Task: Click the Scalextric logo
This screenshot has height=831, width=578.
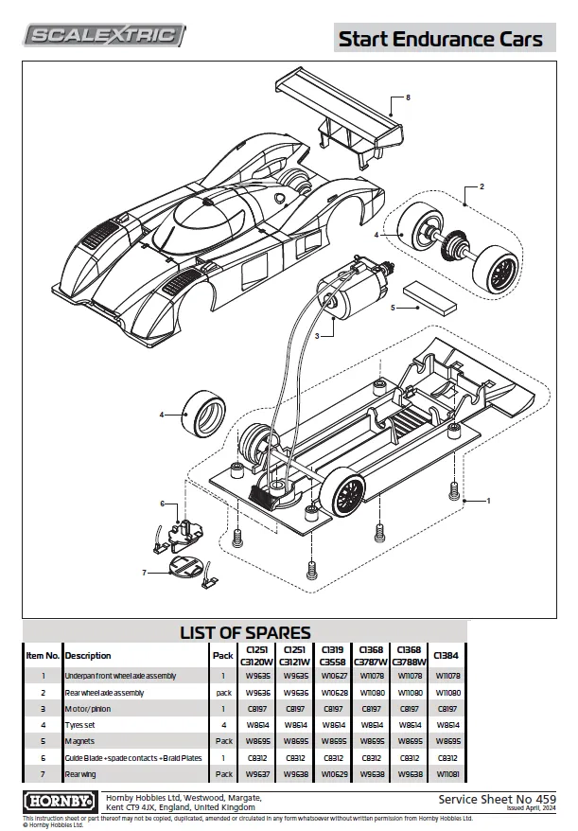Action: [104, 36]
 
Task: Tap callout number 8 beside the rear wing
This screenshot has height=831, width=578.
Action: [407, 98]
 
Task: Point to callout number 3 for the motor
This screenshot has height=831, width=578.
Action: [319, 335]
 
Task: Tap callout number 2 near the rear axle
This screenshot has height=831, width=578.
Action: [482, 187]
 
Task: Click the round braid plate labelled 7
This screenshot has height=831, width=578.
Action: [184, 568]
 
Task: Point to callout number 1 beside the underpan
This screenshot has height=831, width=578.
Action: [489, 500]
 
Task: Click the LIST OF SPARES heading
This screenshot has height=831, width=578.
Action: [245, 632]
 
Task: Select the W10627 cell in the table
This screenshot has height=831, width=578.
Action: [335, 676]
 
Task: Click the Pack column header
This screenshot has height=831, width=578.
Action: [223, 655]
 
